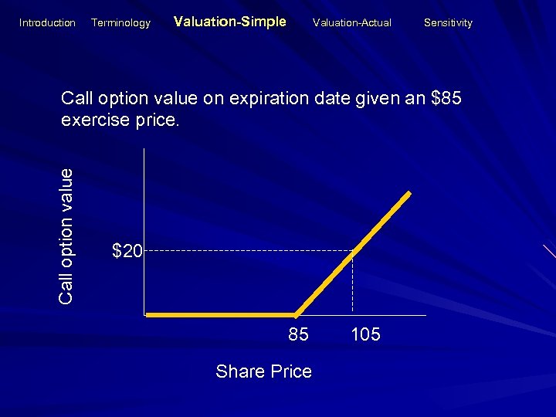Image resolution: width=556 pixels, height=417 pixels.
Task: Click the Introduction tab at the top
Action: tap(47, 23)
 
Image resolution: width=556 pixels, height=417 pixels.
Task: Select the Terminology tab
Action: tap(120, 23)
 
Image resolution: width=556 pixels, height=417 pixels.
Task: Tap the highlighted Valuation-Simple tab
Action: tap(230, 22)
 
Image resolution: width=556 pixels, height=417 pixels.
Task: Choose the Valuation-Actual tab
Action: tap(351, 23)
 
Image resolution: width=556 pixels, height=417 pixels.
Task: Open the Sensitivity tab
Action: tap(448, 23)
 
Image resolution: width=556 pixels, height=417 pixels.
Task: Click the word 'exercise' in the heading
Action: tap(96, 121)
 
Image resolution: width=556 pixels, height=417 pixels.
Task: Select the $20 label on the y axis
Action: tap(127, 250)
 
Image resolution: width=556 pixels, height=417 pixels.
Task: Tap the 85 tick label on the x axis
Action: tap(298, 335)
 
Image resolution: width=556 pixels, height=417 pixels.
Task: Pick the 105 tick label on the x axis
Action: tap(365, 335)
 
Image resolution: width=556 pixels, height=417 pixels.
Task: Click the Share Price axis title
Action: tap(263, 371)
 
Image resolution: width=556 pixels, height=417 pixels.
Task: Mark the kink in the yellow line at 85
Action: tap(296, 315)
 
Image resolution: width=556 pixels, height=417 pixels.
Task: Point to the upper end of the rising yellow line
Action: tap(409, 192)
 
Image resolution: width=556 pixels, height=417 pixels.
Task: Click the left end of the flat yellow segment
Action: tap(149, 315)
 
